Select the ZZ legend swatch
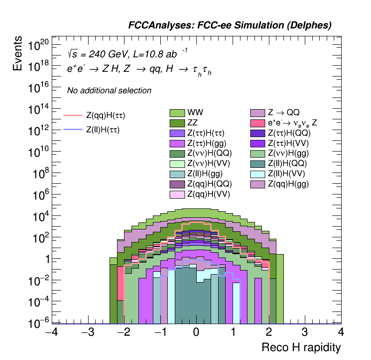[x=177, y=123]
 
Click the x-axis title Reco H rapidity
[x=301, y=347]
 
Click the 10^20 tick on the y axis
[x=38, y=45]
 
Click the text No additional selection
[x=109, y=90]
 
